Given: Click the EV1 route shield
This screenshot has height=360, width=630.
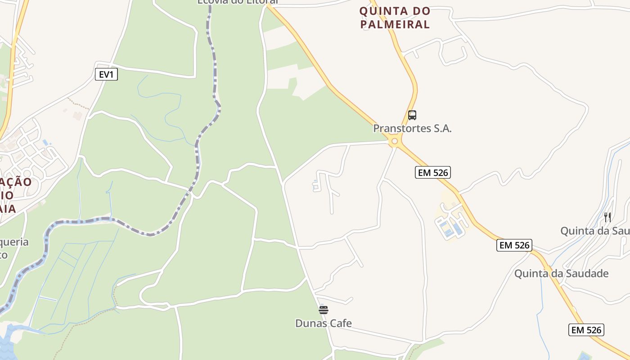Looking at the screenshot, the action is point(106,74).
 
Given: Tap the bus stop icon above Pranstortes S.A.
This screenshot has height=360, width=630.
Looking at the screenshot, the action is point(412,115).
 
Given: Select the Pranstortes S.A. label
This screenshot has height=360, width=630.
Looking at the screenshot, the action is point(412,128).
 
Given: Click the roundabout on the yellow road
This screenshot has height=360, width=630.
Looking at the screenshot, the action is point(395,142).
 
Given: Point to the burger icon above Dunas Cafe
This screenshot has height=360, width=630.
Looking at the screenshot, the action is point(323,310).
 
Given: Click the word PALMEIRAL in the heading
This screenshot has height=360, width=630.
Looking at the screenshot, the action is point(396,25).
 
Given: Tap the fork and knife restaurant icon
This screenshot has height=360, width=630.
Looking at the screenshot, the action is point(607,217).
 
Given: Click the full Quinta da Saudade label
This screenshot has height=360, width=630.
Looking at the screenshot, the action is point(561,274).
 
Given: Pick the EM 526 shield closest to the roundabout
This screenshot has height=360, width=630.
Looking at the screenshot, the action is point(432,172).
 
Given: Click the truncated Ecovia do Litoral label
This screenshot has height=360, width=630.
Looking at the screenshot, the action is point(238,2).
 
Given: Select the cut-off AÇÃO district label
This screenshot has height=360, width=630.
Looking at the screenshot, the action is point(16,182).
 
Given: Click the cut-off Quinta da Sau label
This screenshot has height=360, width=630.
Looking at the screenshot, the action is point(594,231).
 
